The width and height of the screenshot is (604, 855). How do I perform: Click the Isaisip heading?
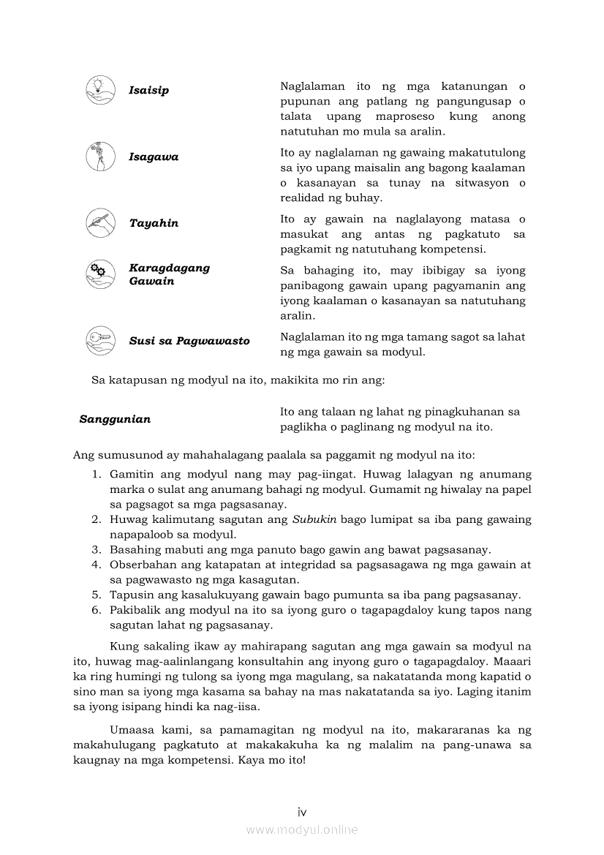point(148,91)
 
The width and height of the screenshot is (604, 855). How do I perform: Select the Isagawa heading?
point(154,157)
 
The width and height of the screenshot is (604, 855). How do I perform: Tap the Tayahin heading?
point(154,223)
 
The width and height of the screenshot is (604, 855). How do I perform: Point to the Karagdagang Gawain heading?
point(169,274)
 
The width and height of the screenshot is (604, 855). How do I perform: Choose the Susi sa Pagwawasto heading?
point(189,341)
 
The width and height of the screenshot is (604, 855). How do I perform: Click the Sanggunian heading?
point(115,419)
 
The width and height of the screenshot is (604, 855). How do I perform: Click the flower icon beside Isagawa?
point(99,156)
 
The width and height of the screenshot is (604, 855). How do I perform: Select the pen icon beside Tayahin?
point(99,222)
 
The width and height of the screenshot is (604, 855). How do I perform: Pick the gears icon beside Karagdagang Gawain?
point(99,273)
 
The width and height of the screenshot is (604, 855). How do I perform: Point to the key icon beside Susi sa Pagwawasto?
point(99,339)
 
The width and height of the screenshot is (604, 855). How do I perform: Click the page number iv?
point(301,812)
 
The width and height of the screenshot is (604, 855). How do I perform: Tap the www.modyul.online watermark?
point(301,829)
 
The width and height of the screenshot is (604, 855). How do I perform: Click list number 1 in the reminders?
point(97,475)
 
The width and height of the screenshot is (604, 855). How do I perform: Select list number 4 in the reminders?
point(97,565)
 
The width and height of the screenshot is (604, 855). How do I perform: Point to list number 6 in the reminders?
point(97,610)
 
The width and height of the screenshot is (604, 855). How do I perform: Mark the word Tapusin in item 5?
point(131,595)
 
